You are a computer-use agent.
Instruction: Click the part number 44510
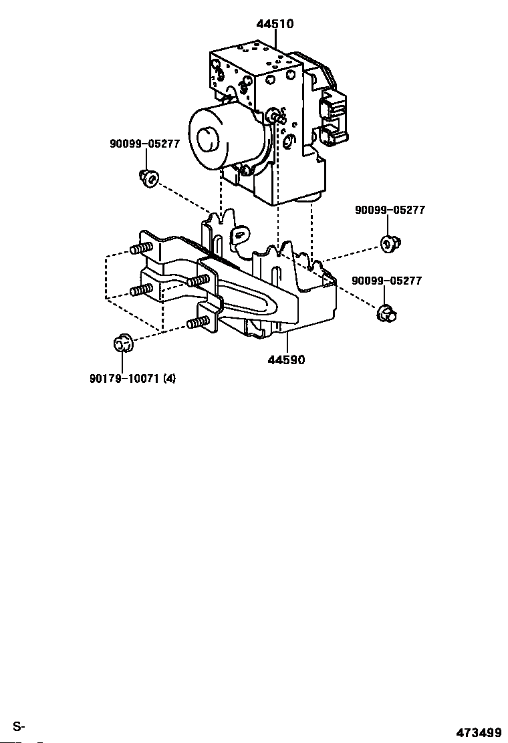pyautogui.click(x=275, y=23)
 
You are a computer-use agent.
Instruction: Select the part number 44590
pyautogui.click(x=286, y=360)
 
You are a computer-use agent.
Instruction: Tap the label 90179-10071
pyautogui.click(x=124, y=379)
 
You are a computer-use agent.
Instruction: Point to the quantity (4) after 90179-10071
pyautogui.click(x=169, y=379)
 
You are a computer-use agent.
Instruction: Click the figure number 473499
pyautogui.click(x=479, y=732)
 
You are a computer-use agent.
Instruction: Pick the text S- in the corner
pyautogui.click(x=19, y=726)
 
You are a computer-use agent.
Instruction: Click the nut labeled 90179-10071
pyautogui.click(x=123, y=343)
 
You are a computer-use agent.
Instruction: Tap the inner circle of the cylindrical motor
pyautogui.click(x=207, y=139)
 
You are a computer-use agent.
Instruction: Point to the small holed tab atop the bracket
pyautogui.click(x=241, y=234)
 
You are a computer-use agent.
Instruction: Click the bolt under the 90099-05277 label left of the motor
pyautogui.click(x=149, y=178)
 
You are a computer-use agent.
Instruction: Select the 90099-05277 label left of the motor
pyautogui.click(x=145, y=144)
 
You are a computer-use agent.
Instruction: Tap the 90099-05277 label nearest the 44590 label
pyautogui.click(x=387, y=281)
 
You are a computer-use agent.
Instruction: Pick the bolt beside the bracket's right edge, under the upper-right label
pyautogui.click(x=391, y=243)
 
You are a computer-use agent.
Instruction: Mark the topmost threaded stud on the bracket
pyautogui.click(x=141, y=249)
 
